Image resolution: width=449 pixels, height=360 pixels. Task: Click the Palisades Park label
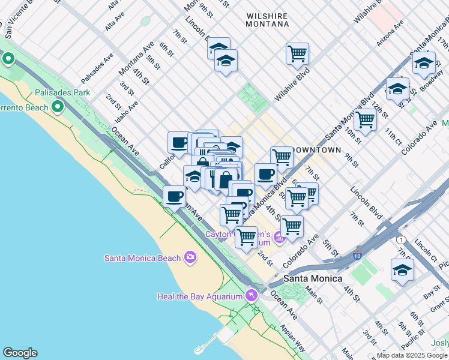[62, 93]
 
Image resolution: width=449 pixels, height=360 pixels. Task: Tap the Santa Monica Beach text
[142, 258]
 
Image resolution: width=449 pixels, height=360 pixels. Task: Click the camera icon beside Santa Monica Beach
[190, 257]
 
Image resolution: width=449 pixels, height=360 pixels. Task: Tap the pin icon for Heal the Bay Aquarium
[251, 296]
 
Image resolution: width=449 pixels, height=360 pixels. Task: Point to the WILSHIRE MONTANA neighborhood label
[267, 19]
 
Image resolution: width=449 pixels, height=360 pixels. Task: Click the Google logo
[20, 353]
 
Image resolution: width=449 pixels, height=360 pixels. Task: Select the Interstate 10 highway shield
[357, 256]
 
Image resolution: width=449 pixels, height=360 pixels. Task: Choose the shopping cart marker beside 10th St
[365, 119]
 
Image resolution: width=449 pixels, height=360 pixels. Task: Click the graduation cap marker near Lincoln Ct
[402, 270]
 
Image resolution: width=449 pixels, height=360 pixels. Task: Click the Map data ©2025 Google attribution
[412, 355]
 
